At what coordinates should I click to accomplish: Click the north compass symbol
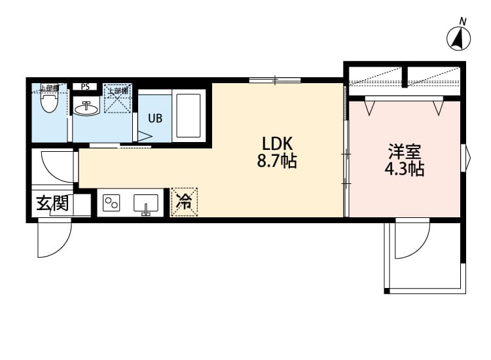pos(460,37)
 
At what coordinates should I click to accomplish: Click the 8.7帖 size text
pos(276,161)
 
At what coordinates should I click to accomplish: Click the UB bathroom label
pos(155,118)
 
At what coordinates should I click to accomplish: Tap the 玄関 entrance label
pos(52,204)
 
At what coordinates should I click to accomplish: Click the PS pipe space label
pos(85,86)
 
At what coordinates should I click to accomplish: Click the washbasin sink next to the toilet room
pos(86,109)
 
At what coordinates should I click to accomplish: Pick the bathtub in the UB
pos(188,116)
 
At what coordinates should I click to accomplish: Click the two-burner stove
pos(111,204)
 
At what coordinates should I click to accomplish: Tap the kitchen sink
pos(146,204)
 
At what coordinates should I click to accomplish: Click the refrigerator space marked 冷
pos(184,202)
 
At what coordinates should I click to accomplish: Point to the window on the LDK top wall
pos(275,81)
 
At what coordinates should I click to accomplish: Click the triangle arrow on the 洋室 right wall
pos(467,156)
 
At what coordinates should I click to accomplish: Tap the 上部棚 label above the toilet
pos(50,87)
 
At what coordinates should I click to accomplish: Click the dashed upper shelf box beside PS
pos(118,98)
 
